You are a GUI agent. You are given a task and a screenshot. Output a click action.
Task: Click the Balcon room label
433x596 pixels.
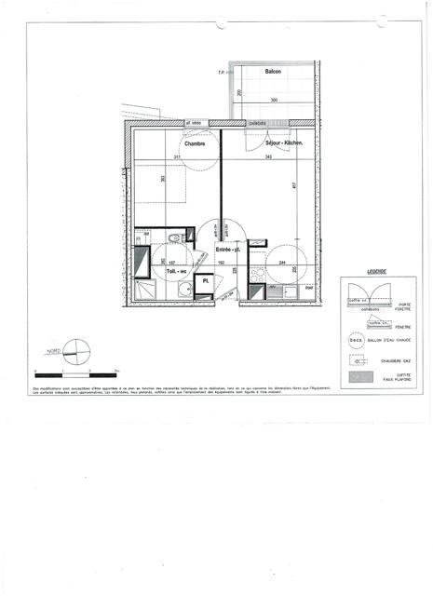(x=273, y=72)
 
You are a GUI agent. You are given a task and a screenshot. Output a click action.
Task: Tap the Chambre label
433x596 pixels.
(x=195, y=143)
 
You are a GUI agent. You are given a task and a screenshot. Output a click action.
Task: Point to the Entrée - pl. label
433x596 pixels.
(x=229, y=250)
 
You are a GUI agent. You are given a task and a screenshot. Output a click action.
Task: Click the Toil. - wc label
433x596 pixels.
(x=177, y=270)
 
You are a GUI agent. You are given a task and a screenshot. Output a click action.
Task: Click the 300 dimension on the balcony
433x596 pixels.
(x=274, y=100)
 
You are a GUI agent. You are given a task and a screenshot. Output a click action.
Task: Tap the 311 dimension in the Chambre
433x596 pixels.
(x=177, y=156)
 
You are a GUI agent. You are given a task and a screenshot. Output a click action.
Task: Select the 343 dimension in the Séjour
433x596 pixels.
(x=268, y=156)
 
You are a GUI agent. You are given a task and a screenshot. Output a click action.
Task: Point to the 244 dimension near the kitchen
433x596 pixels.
(x=283, y=263)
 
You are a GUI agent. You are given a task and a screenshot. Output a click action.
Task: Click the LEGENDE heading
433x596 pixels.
(x=376, y=271)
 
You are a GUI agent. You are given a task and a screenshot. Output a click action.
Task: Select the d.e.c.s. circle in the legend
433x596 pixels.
(x=354, y=342)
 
